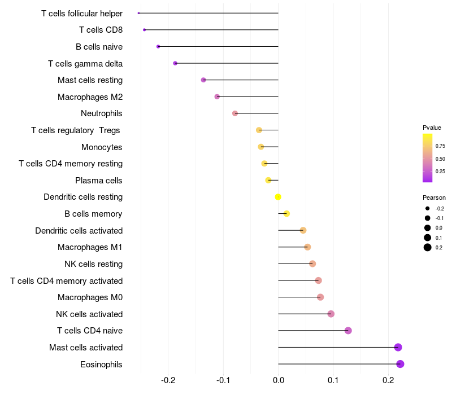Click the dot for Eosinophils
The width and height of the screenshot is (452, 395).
(x=400, y=364)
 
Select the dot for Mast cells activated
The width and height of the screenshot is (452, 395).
(x=398, y=347)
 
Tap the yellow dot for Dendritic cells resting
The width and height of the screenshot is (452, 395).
(x=278, y=197)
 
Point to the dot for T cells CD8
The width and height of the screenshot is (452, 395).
(x=145, y=29)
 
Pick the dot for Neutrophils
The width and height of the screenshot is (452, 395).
(x=235, y=113)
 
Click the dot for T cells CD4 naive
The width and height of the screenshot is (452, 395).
(x=348, y=331)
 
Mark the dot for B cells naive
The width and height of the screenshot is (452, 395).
(x=158, y=46)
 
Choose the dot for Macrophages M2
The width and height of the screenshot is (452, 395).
(x=217, y=96)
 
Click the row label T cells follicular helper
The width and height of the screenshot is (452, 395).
(x=82, y=13)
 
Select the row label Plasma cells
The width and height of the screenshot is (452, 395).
(x=99, y=181)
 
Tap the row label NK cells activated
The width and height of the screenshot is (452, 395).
(x=89, y=314)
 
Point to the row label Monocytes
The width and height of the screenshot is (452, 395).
(x=102, y=147)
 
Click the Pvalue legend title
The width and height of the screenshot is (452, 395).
(x=432, y=128)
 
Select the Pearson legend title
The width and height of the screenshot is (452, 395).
(x=434, y=197)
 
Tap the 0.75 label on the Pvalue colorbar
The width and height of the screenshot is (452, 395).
(x=440, y=146)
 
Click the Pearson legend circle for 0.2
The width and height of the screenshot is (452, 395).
(x=428, y=247)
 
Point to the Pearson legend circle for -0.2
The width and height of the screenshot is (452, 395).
(x=428, y=208)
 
